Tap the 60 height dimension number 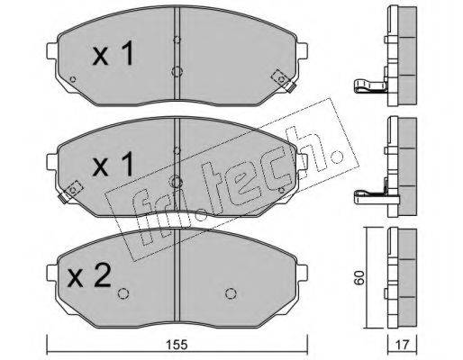point(359,277)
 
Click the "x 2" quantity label point(89,275)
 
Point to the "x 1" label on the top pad point(113,53)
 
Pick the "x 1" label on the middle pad point(113,164)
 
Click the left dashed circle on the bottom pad point(123,293)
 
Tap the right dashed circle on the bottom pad point(231,293)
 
